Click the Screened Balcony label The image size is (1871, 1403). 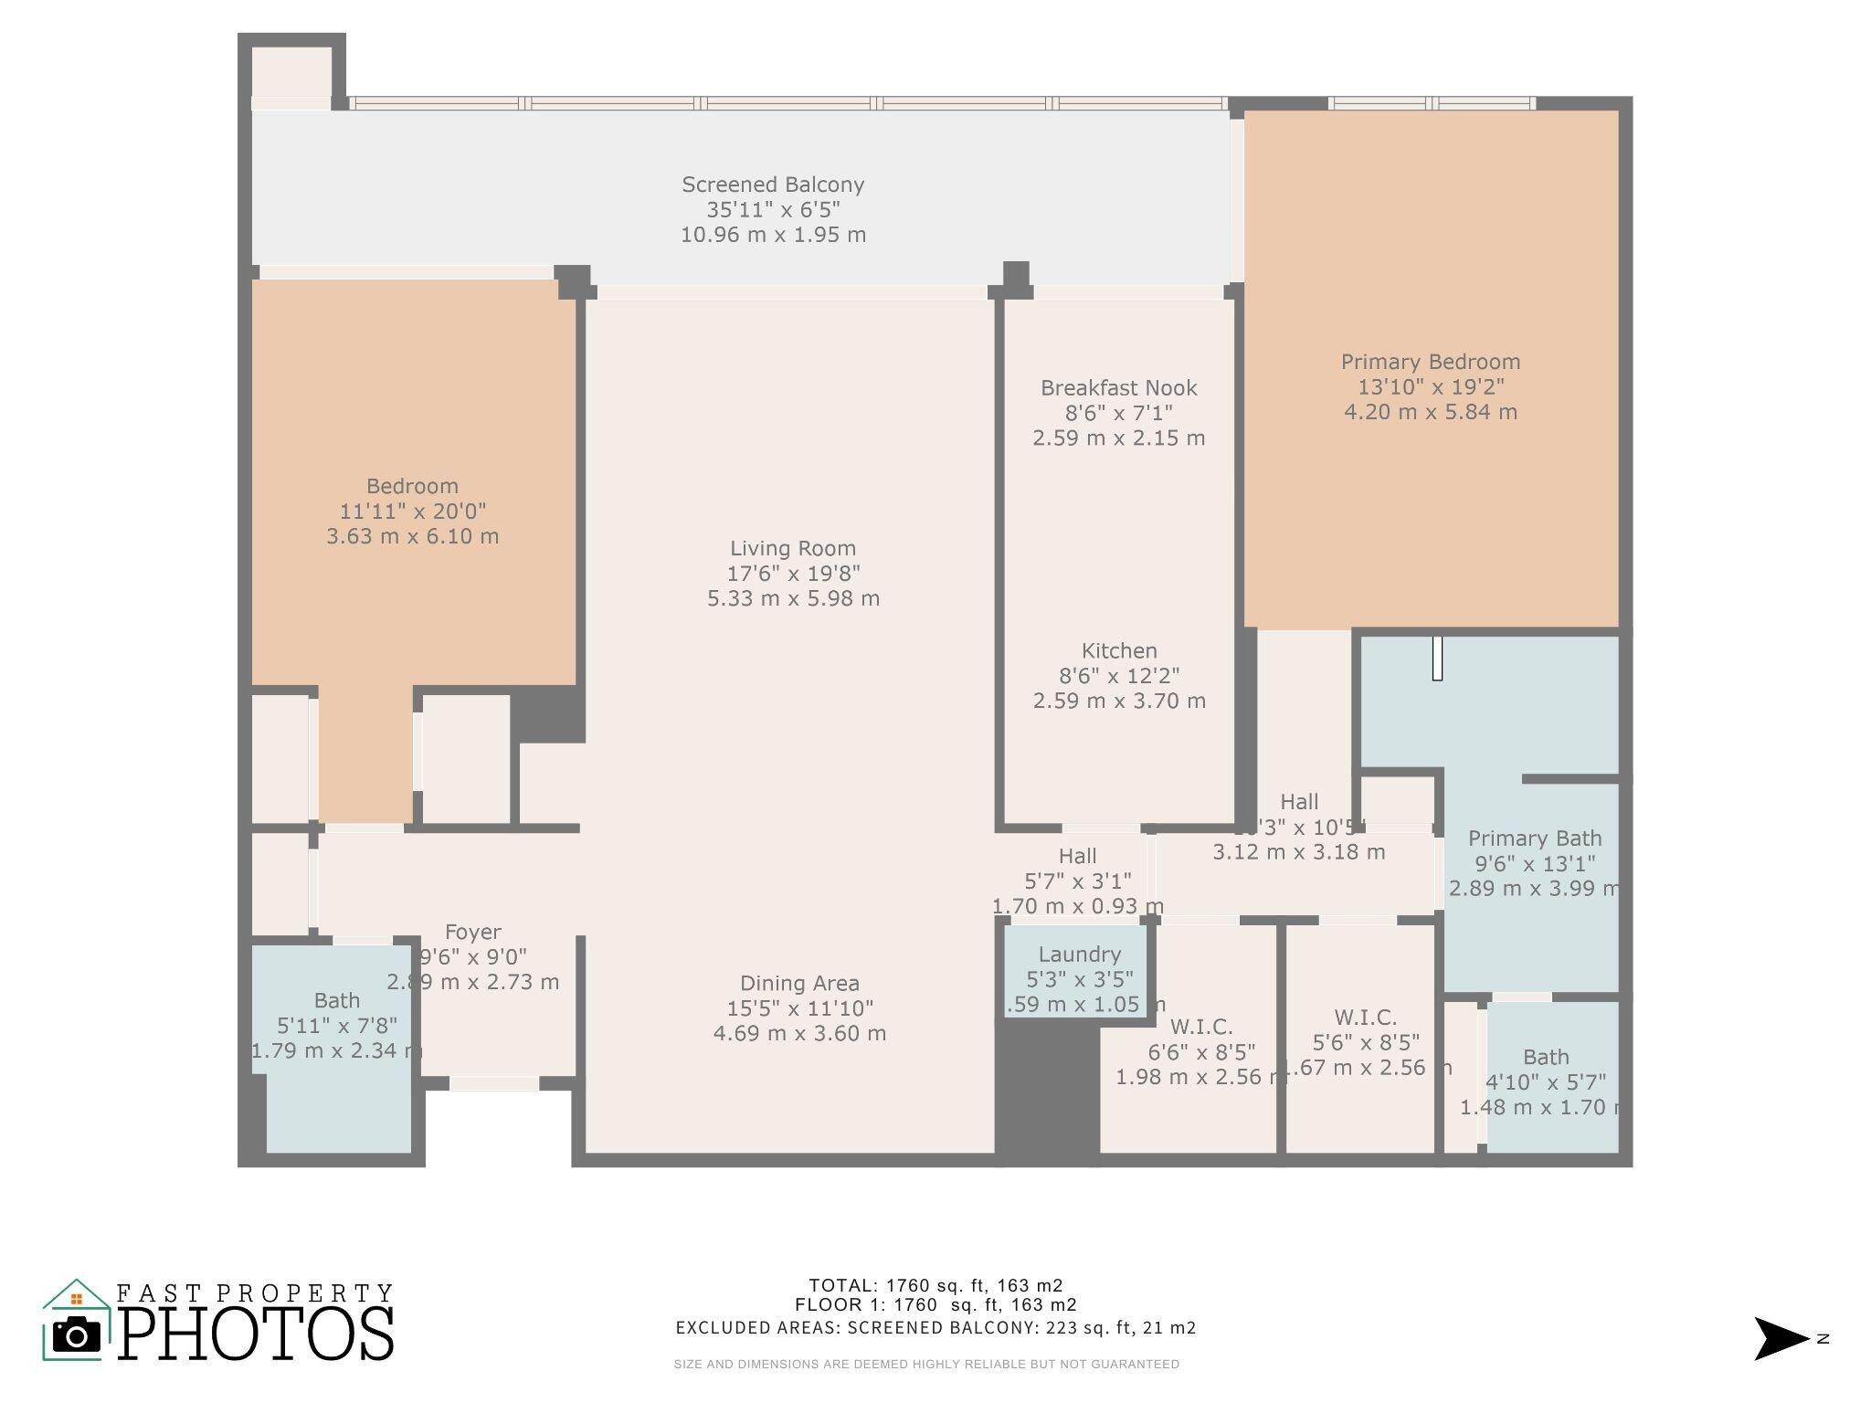click(x=773, y=185)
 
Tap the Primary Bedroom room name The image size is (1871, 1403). click(x=1430, y=362)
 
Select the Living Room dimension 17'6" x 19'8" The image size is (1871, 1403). click(x=793, y=574)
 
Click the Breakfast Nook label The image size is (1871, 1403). click(x=1118, y=388)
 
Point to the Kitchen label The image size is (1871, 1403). click(x=1118, y=651)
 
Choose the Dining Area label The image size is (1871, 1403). click(x=799, y=984)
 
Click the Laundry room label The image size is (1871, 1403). click(x=1079, y=955)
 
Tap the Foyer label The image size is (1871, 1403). click(x=472, y=933)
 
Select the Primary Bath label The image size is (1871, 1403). click(x=1534, y=839)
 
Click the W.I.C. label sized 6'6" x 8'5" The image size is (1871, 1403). click(x=1200, y=1027)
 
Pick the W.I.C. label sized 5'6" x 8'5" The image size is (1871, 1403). click(x=1365, y=1018)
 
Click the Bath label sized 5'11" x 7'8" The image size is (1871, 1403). click(x=336, y=1001)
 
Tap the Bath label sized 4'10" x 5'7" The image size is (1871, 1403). click(x=1545, y=1058)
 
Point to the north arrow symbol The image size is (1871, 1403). click(x=1780, y=1339)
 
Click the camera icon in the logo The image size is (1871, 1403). click(x=77, y=1336)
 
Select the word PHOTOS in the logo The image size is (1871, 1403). click(x=256, y=1334)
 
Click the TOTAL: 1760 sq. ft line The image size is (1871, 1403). click(x=935, y=1286)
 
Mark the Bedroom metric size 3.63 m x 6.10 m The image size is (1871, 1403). click(x=412, y=536)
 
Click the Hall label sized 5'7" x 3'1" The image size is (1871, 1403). click(x=1077, y=857)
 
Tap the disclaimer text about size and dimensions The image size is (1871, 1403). click(x=926, y=1365)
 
